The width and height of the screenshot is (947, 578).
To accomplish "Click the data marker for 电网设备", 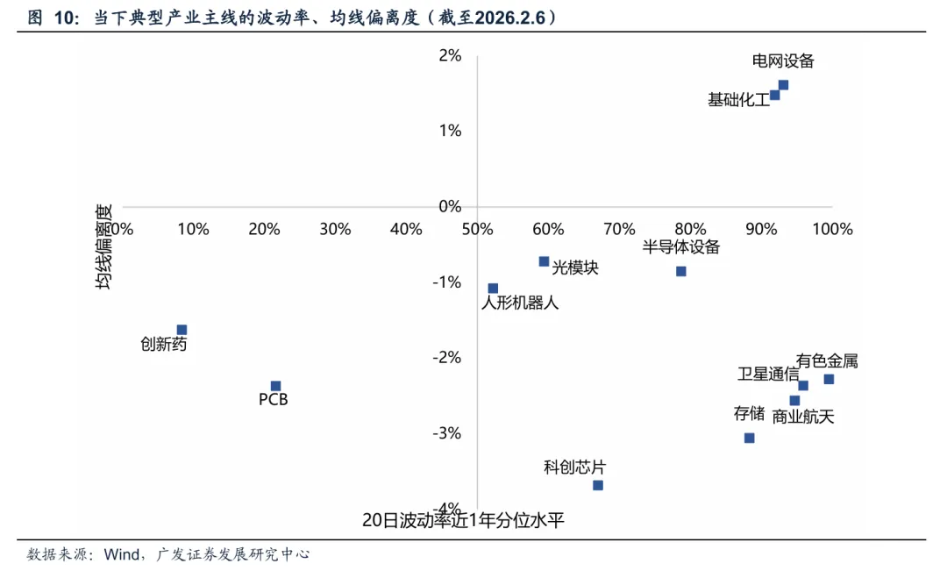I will pyautogui.click(x=783, y=85).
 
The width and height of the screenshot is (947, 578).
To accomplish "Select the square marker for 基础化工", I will pyautogui.click(x=774, y=95).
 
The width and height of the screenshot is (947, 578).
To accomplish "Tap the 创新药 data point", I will pyautogui.click(x=182, y=330).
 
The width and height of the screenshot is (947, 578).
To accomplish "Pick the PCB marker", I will pyautogui.click(x=275, y=386).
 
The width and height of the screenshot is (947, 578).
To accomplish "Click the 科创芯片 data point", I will pyautogui.click(x=598, y=485).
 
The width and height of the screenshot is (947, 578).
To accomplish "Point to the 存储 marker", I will pyautogui.click(x=749, y=438).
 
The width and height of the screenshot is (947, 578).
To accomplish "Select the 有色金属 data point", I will pyautogui.click(x=829, y=379).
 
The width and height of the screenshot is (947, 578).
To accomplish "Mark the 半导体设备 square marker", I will pyautogui.click(x=680, y=271).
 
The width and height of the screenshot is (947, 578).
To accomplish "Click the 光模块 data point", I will pyautogui.click(x=544, y=261).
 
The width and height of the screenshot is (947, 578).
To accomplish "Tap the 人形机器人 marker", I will pyautogui.click(x=493, y=289).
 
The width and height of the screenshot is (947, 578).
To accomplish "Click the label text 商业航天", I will pyautogui.click(x=803, y=417).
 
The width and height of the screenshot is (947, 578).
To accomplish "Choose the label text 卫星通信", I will pyautogui.click(x=767, y=375).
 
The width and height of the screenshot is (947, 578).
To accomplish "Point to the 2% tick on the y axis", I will pyautogui.click(x=450, y=55).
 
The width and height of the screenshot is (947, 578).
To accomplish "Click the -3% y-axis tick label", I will pyautogui.click(x=448, y=433).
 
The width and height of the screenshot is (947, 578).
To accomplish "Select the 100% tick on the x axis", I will pyautogui.click(x=832, y=229).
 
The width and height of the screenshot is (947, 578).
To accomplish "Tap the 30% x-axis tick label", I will pyautogui.click(x=335, y=229).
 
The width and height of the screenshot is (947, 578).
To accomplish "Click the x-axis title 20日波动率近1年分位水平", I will pyautogui.click(x=463, y=520).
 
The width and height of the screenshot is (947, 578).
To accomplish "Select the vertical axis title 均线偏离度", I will pyautogui.click(x=104, y=248).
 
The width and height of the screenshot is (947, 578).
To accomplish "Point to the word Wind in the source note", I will pyautogui.click(x=123, y=554).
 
